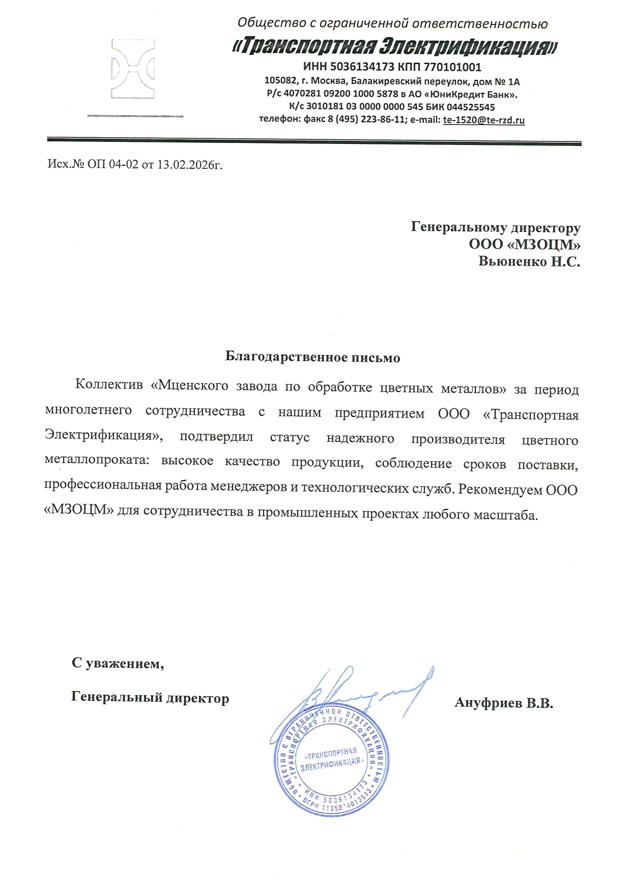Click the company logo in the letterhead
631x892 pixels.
tap(133, 69)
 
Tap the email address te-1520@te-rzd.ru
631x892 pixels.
tap(483, 121)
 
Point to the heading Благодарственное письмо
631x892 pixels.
tap(312, 358)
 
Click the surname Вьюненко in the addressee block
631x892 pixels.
tap(512, 262)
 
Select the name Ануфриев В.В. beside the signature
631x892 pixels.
tap(503, 703)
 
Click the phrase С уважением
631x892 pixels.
tap(118, 664)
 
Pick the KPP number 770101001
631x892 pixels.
tap(452, 67)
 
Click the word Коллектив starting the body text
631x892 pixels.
tap(109, 384)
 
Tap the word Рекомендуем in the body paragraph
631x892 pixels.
tap(500, 489)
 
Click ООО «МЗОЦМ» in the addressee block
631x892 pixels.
tap(525, 245)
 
